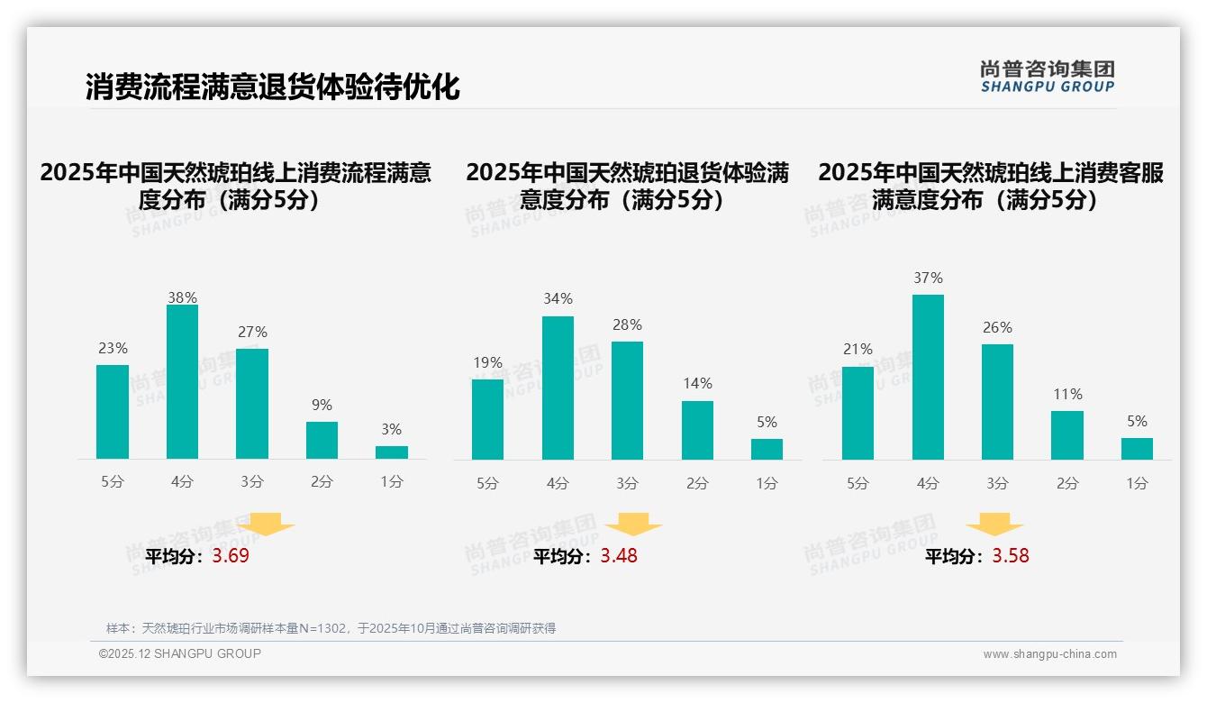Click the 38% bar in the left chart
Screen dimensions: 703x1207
click(182, 381)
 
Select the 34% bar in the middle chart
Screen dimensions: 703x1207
click(558, 388)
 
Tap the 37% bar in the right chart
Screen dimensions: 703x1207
click(928, 377)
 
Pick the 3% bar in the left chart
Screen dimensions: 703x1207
click(392, 452)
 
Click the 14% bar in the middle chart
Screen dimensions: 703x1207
click(697, 430)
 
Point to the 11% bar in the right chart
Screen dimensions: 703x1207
click(1067, 435)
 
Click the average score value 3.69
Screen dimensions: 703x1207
click(231, 556)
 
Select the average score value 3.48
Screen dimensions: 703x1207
click(619, 556)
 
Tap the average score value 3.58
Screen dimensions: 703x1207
click(1011, 556)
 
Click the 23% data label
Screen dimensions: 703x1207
click(113, 349)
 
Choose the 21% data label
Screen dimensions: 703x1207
click(858, 350)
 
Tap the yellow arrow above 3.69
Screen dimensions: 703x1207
click(266, 524)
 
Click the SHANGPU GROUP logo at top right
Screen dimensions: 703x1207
click(1047, 77)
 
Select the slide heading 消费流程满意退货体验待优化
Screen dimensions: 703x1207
click(272, 87)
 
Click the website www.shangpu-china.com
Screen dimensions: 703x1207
click(1049, 654)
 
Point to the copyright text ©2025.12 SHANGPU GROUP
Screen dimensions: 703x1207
click(180, 653)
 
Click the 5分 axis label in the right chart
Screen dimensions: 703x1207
click(858, 484)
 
